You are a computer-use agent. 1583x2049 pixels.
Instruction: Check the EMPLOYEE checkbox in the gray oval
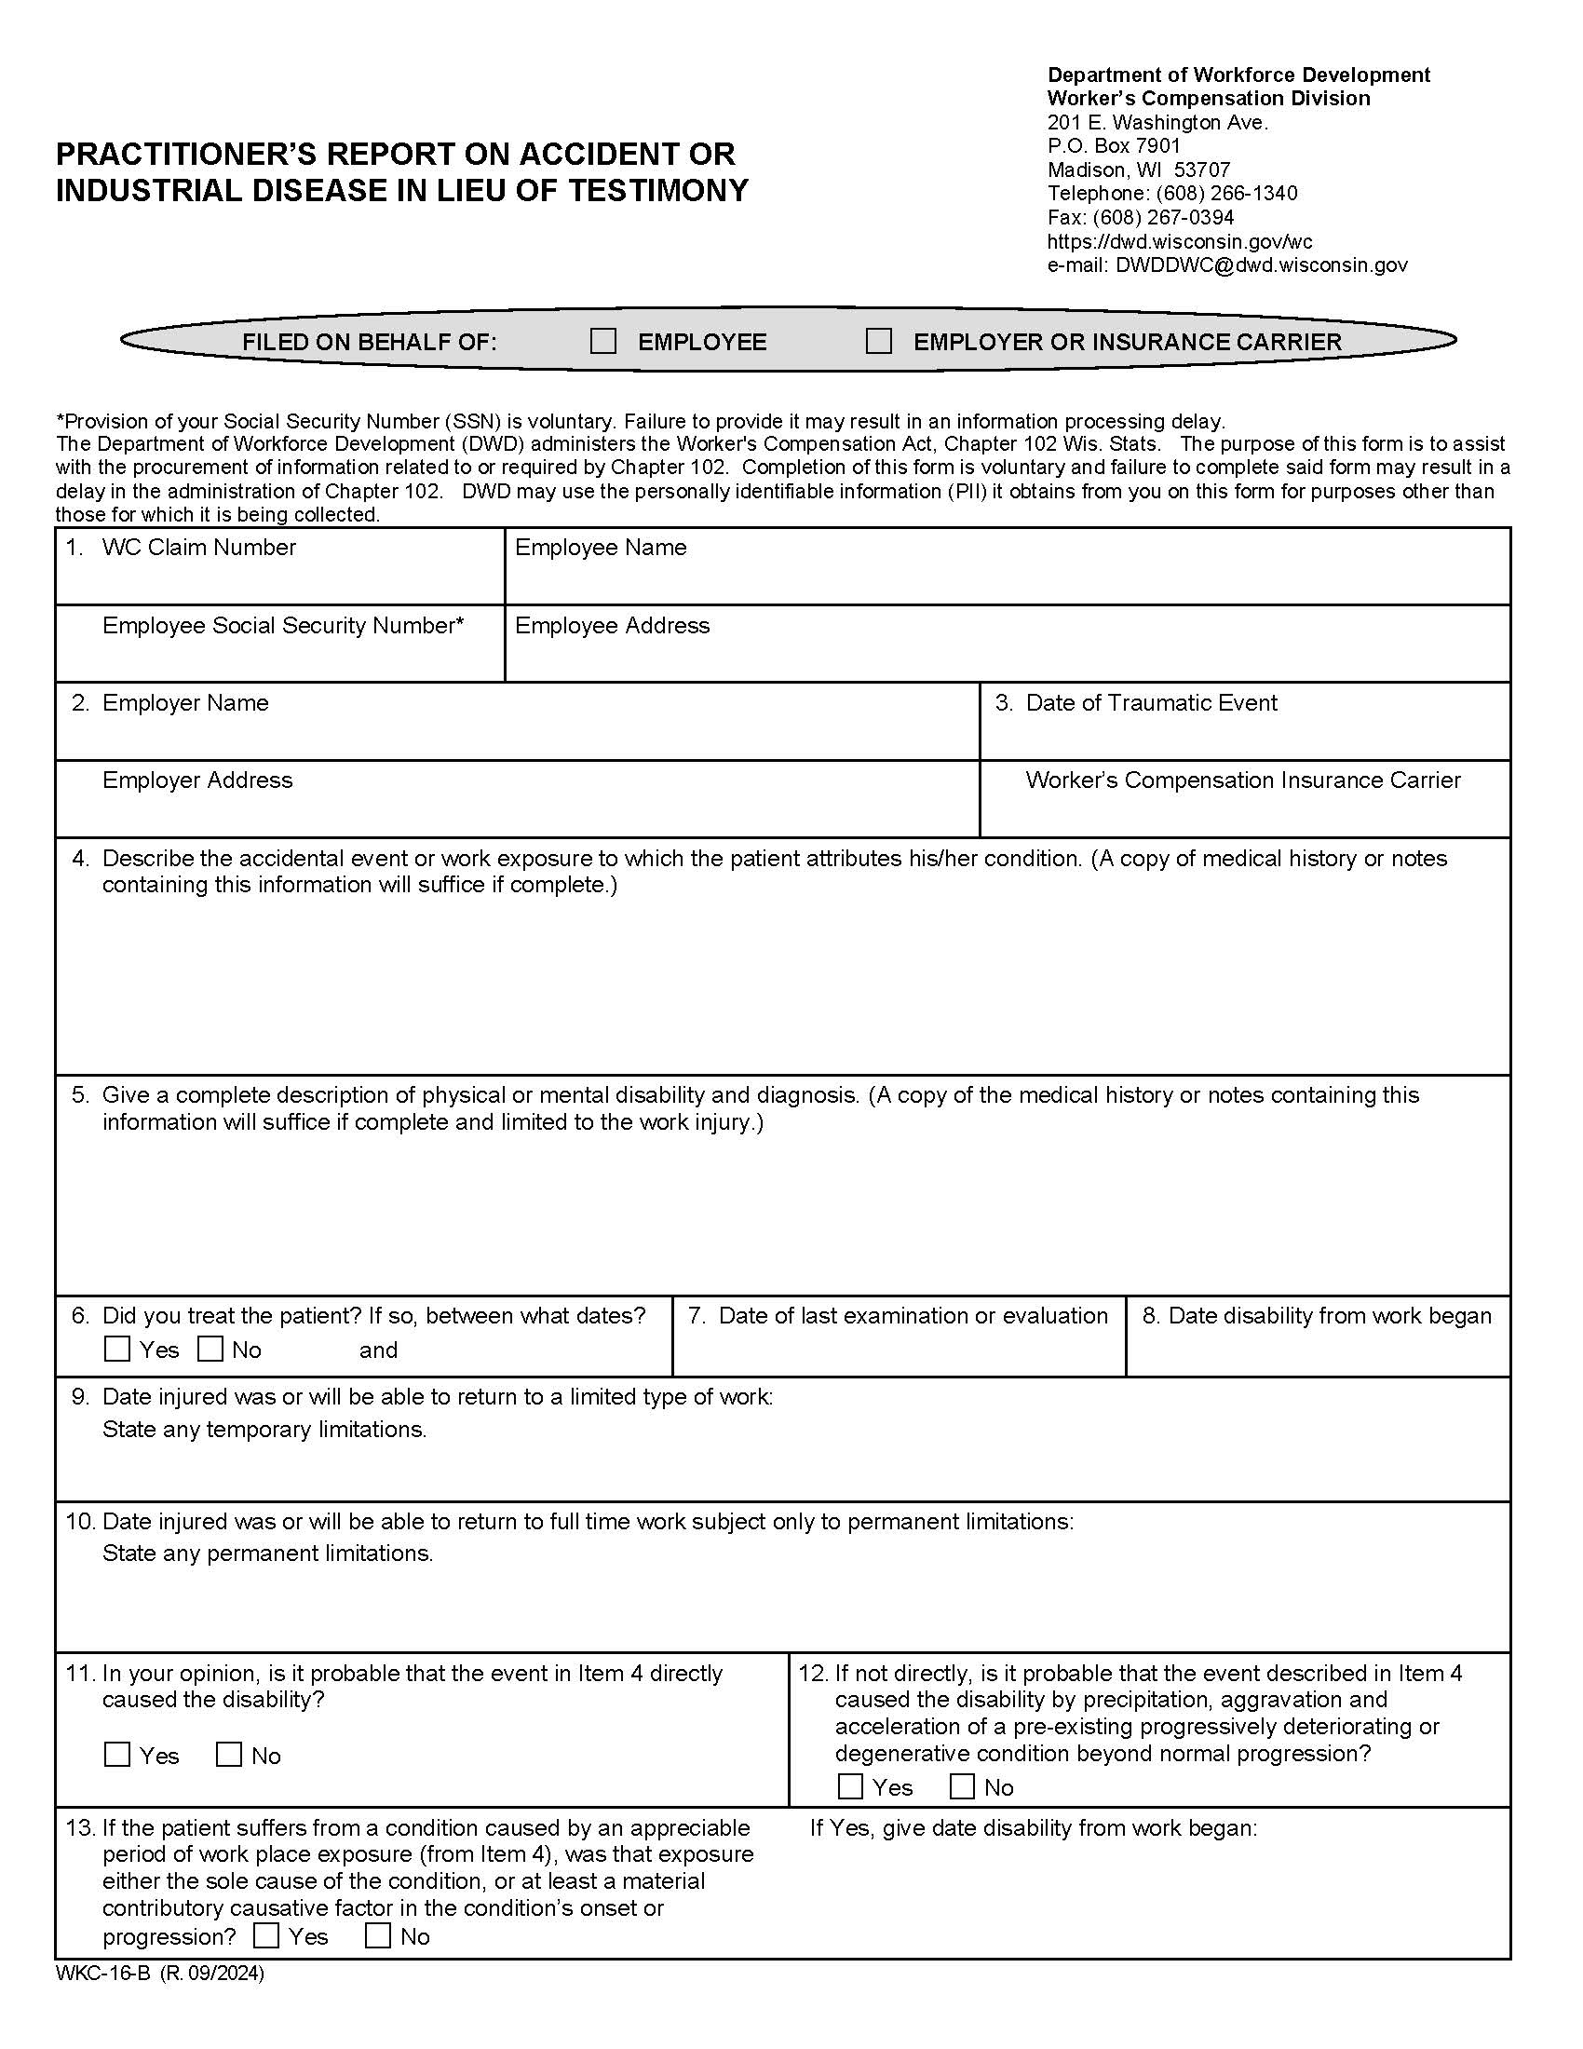pos(603,342)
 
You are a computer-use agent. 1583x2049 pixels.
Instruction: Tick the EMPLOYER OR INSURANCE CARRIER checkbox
pos(879,342)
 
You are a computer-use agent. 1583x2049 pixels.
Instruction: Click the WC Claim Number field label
pos(199,548)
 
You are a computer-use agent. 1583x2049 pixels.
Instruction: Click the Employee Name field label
pos(601,548)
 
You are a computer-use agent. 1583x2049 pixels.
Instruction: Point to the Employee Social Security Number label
pos(283,626)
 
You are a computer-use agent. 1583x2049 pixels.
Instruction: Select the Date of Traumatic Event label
pos(1151,703)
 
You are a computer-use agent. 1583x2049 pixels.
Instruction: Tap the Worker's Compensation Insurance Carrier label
pos(1242,780)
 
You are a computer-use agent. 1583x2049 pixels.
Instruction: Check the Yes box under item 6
pos(117,1350)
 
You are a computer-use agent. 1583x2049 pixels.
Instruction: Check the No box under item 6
pos(211,1350)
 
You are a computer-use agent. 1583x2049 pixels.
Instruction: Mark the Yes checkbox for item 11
pos(117,1755)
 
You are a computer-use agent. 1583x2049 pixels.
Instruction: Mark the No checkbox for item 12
pos(962,1786)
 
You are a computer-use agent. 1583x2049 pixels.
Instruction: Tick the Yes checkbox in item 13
pos(266,1935)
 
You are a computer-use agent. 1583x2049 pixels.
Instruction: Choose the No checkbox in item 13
pos(378,1935)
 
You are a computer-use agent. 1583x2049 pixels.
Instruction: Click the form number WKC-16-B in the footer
pos(103,1973)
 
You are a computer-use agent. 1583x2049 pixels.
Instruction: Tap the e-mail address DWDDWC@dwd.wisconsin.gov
pos(1261,265)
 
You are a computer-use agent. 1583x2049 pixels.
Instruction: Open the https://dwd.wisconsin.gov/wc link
pos(1179,242)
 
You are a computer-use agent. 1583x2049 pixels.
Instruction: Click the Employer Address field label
pos(196,780)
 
